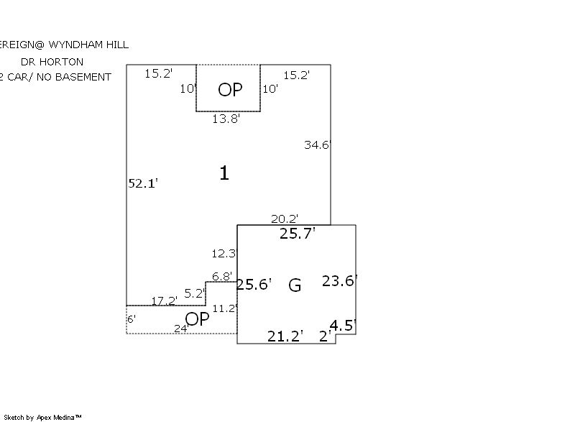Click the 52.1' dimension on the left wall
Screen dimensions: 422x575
[142, 183]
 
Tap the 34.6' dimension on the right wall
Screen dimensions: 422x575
[317, 145]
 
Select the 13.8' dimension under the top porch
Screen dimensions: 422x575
[226, 119]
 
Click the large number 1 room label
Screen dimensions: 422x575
[224, 173]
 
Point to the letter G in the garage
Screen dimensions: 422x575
[295, 285]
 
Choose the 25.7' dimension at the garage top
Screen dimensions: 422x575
[298, 234]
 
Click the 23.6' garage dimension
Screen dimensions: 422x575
[340, 281]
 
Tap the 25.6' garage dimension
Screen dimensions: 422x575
[254, 285]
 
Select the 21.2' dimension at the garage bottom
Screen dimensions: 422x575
[285, 336]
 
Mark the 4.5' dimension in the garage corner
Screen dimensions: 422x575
[343, 325]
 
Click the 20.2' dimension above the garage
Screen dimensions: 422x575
[285, 219]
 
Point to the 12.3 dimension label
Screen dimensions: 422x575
[224, 254]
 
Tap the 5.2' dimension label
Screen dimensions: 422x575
[195, 293]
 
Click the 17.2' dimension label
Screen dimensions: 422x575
[165, 301]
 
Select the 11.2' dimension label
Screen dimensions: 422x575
[225, 308]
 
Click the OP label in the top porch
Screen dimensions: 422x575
[230, 90]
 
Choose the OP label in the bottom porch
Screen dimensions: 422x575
[198, 319]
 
